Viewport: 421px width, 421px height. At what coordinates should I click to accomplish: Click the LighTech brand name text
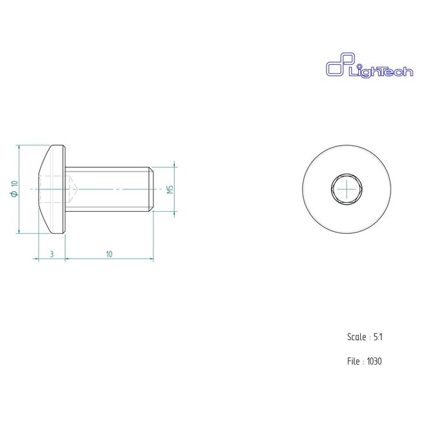point(381,73)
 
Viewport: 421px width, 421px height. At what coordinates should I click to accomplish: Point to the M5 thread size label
point(170,189)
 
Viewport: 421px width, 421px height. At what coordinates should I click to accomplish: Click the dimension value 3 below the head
point(52,255)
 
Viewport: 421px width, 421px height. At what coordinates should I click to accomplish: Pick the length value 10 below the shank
point(109,255)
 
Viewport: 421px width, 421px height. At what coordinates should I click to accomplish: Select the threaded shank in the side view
point(110,188)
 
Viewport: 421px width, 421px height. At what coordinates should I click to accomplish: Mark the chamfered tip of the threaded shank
point(151,188)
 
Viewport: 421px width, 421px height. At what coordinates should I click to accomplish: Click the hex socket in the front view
point(347,188)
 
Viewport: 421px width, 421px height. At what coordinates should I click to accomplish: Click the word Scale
point(357,337)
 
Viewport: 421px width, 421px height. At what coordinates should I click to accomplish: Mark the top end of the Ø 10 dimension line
point(20,146)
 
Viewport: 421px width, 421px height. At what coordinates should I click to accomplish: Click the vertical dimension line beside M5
point(176,188)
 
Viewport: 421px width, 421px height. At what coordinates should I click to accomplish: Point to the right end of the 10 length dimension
point(153,259)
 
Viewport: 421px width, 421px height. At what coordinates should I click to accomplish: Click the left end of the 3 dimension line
point(39,259)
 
